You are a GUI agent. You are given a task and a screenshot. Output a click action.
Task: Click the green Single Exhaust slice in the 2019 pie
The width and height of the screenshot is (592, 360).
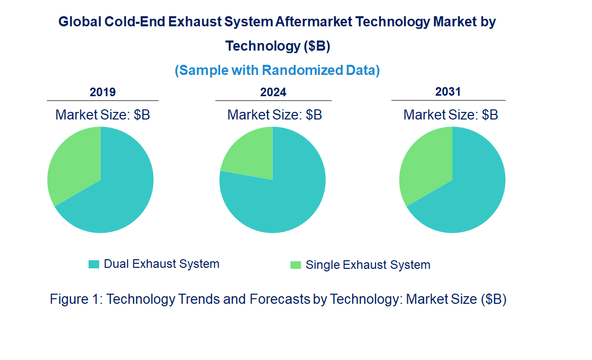(73, 162)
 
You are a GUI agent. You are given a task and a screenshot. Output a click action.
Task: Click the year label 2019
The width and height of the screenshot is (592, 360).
(103, 92)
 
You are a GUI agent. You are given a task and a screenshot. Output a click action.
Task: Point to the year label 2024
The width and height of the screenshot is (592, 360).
(273, 92)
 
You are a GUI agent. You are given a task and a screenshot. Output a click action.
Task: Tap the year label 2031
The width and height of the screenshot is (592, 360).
(448, 92)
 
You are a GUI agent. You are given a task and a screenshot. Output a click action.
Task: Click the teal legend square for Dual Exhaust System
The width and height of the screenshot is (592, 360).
(94, 264)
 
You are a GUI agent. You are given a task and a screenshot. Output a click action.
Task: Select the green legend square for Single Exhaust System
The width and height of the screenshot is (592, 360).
(295, 265)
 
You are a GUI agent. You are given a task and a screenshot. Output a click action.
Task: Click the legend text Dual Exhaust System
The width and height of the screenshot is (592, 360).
(161, 264)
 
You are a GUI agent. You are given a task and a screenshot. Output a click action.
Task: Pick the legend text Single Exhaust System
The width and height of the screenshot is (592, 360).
(368, 265)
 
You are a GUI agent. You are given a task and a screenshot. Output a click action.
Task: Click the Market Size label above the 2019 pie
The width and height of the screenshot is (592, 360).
(103, 115)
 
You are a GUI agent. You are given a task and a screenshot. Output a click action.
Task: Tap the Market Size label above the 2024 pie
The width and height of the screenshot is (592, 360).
(275, 115)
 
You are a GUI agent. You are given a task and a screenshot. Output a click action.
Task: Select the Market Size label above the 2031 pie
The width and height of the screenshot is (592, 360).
(450, 115)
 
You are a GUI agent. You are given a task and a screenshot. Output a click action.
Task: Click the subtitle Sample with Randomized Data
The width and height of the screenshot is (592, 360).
(277, 70)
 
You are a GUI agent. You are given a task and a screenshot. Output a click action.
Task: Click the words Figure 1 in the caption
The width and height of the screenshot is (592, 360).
(75, 299)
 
